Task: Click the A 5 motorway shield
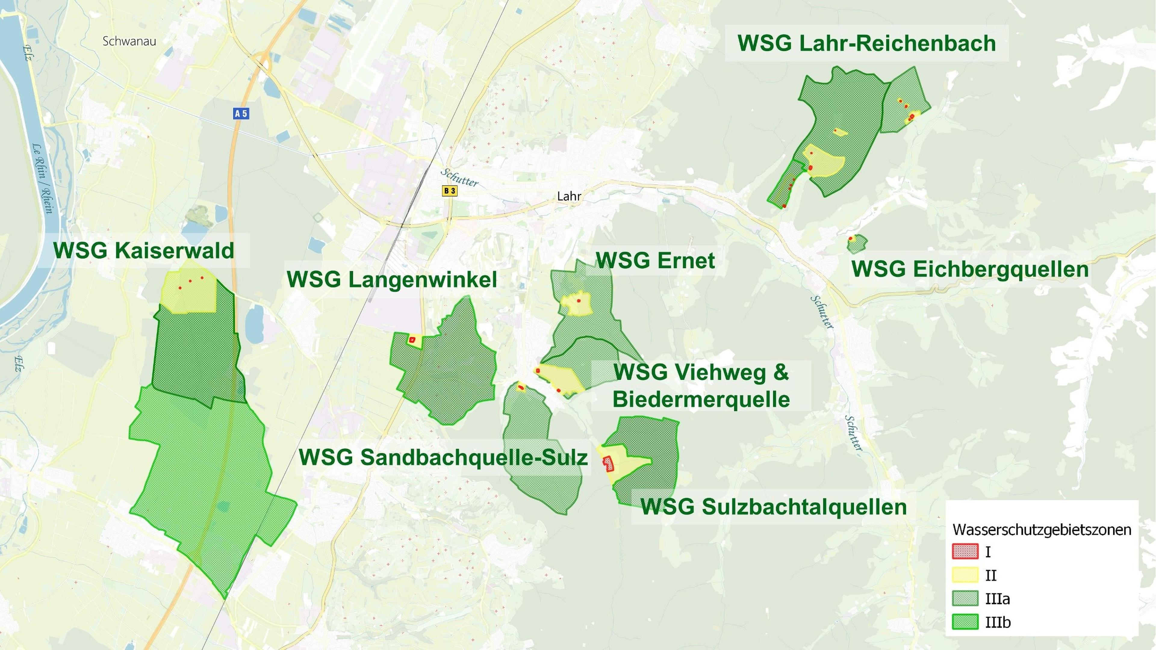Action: [241, 113]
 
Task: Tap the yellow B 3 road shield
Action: [449, 191]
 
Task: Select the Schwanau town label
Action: [129, 41]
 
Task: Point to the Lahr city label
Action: [569, 196]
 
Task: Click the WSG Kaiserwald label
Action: [144, 250]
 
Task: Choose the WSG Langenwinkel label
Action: [392, 280]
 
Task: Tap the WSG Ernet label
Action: [655, 261]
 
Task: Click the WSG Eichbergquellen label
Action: [970, 269]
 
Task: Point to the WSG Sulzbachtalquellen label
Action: [773, 507]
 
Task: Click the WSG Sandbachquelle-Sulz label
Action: [443, 457]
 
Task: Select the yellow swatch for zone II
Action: [965, 575]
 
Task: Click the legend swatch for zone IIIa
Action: [965, 599]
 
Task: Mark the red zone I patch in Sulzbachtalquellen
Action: [608, 464]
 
